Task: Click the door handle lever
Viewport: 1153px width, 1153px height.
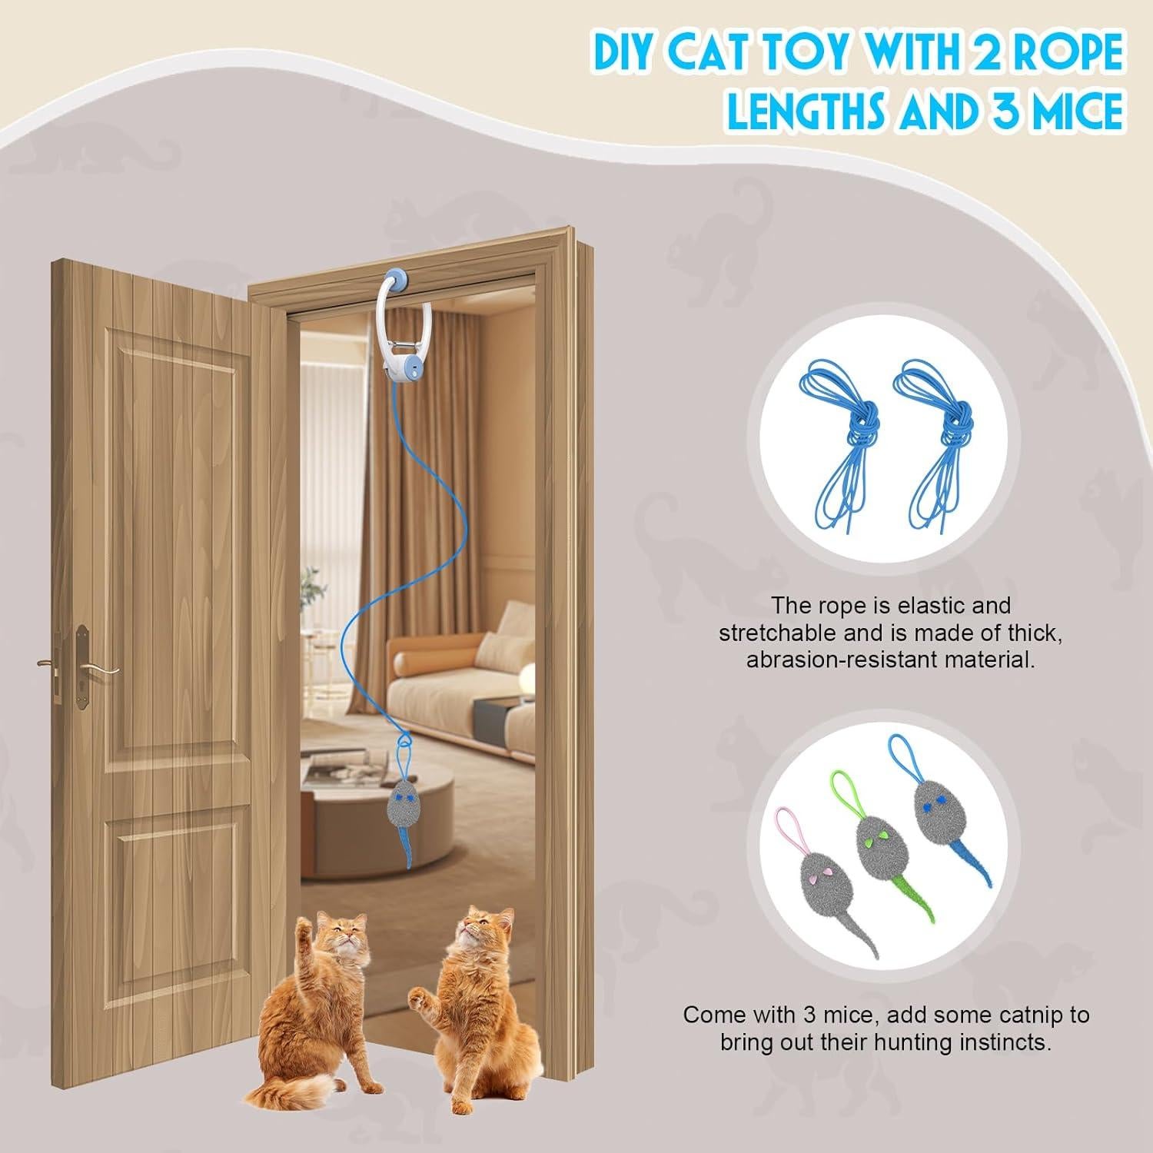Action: pyautogui.click(x=96, y=669)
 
